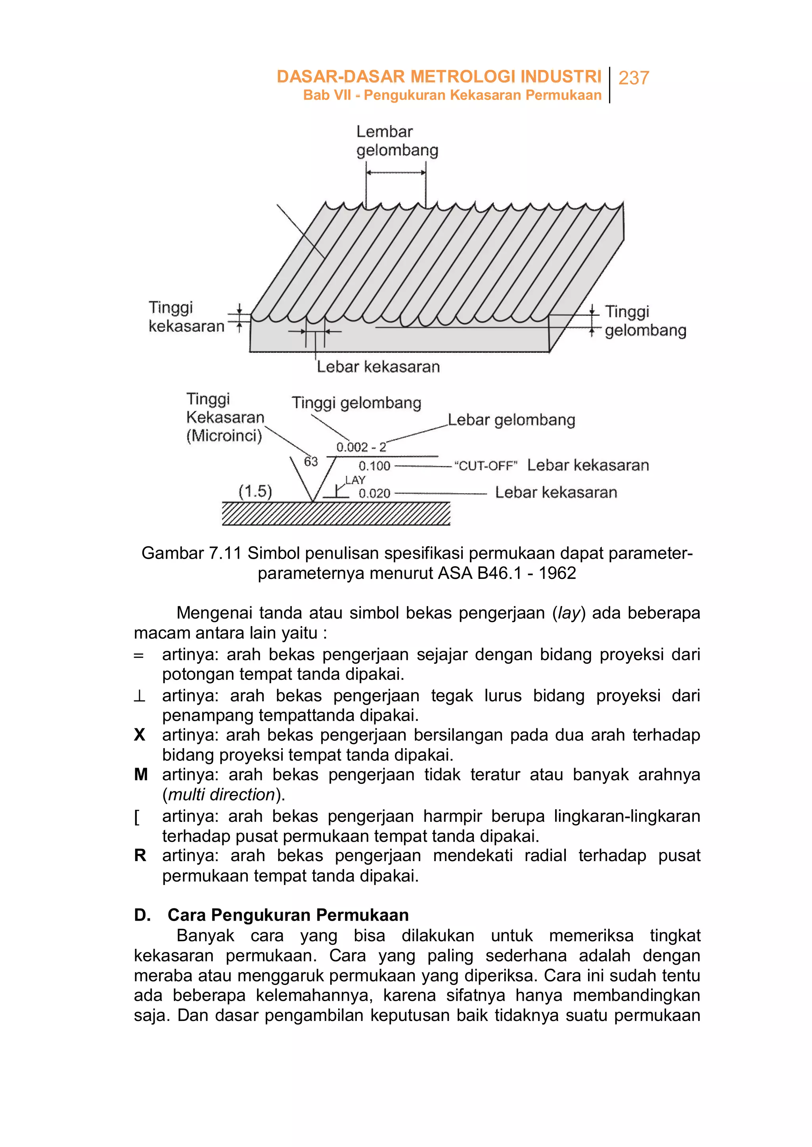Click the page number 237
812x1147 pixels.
tap(634, 78)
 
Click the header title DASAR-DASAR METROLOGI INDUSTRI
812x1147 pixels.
tap(439, 77)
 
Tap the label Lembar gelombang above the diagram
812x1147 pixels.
tap(396, 141)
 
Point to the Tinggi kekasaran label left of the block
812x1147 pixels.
tap(186, 316)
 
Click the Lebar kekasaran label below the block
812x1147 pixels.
tap(378, 366)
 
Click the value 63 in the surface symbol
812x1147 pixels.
tap(310, 461)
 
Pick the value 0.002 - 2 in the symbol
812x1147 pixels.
tap(361, 447)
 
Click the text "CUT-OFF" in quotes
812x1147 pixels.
tap(485, 466)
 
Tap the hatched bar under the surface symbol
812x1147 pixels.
tap(336, 513)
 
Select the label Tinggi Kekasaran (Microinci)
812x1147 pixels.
tap(224, 417)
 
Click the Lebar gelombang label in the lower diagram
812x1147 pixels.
tap(511, 419)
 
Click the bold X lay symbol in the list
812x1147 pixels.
tap(140, 735)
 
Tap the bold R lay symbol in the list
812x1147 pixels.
tap(140, 856)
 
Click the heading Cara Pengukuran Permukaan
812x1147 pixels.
tap(288, 915)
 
